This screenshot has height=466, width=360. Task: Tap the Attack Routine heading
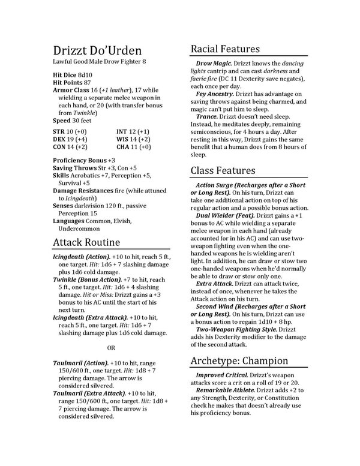[86, 242]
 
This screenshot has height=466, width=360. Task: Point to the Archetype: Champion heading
[240, 360]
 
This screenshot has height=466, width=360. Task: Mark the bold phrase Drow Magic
[214, 64]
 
